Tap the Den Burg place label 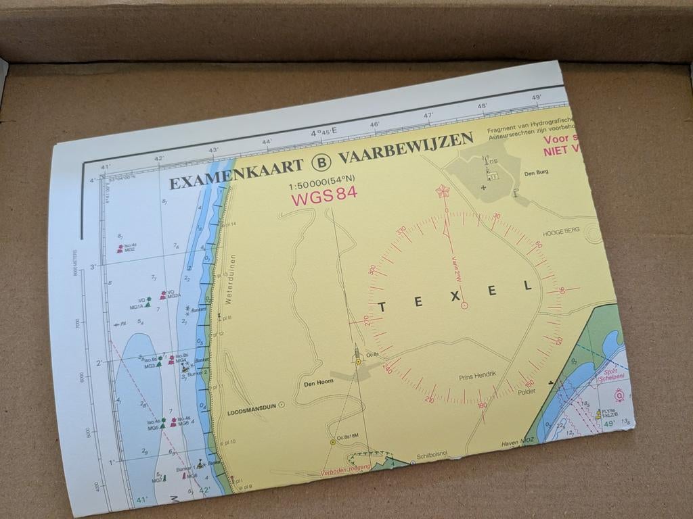point(536,172)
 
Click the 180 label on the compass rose point(482,405)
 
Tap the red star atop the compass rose point(443,191)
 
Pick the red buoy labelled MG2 point(120,249)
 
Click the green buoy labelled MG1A point(148,303)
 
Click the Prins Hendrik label point(478,375)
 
